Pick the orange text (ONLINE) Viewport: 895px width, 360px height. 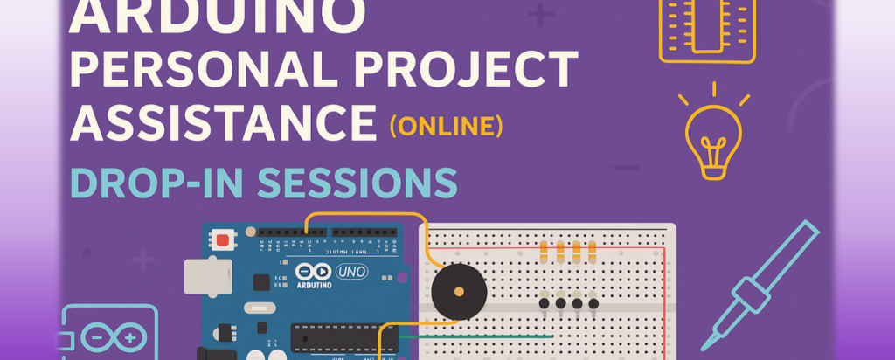[x=447, y=128]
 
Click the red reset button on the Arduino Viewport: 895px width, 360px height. [x=225, y=239]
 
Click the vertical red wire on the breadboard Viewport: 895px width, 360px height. [x=665, y=297]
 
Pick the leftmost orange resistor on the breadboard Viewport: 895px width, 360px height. [x=545, y=252]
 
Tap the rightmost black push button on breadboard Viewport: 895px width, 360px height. [x=594, y=303]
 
